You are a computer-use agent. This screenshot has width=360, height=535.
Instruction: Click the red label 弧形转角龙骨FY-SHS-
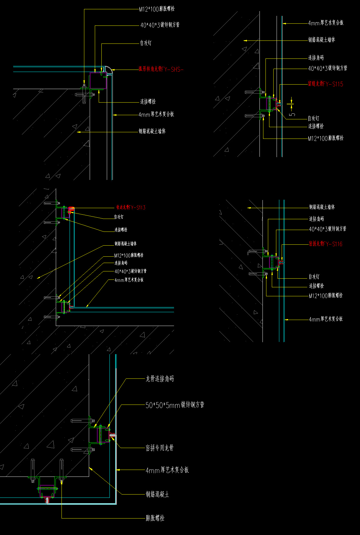tap(161, 70)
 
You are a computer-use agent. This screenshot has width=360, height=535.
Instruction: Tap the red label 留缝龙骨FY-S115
tap(325, 84)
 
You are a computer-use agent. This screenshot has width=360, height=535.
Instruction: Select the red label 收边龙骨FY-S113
tap(131, 207)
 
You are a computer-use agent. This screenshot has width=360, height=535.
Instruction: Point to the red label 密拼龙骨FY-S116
tap(325, 244)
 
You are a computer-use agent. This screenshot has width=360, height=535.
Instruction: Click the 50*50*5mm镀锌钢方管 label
tap(175, 405)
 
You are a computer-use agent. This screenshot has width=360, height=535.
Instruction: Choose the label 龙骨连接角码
tap(160, 379)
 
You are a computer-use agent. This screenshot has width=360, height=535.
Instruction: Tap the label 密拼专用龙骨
tap(160, 448)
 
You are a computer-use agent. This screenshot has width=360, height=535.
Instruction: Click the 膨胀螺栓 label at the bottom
tap(155, 518)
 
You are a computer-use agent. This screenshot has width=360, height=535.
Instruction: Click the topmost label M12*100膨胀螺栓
tap(157, 9)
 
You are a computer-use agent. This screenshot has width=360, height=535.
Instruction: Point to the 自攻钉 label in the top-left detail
tap(146, 43)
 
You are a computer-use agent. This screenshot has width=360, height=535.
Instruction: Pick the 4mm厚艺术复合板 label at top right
tap(326, 23)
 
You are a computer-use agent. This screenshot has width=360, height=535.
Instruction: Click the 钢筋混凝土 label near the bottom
tap(157, 494)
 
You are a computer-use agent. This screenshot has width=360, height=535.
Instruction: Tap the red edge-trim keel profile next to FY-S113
tap(71, 208)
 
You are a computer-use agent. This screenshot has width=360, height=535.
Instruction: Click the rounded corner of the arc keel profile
tap(109, 69)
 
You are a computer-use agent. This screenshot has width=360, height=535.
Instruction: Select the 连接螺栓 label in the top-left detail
tap(148, 102)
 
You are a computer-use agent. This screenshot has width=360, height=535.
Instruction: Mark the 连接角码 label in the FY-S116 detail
tap(316, 219)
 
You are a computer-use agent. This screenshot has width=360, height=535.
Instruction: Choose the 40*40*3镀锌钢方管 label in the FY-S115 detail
tap(328, 68)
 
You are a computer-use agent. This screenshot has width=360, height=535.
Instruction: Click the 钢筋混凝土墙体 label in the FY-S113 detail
tap(125, 244)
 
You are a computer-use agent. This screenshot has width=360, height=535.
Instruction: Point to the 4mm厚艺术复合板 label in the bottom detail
tap(167, 470)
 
